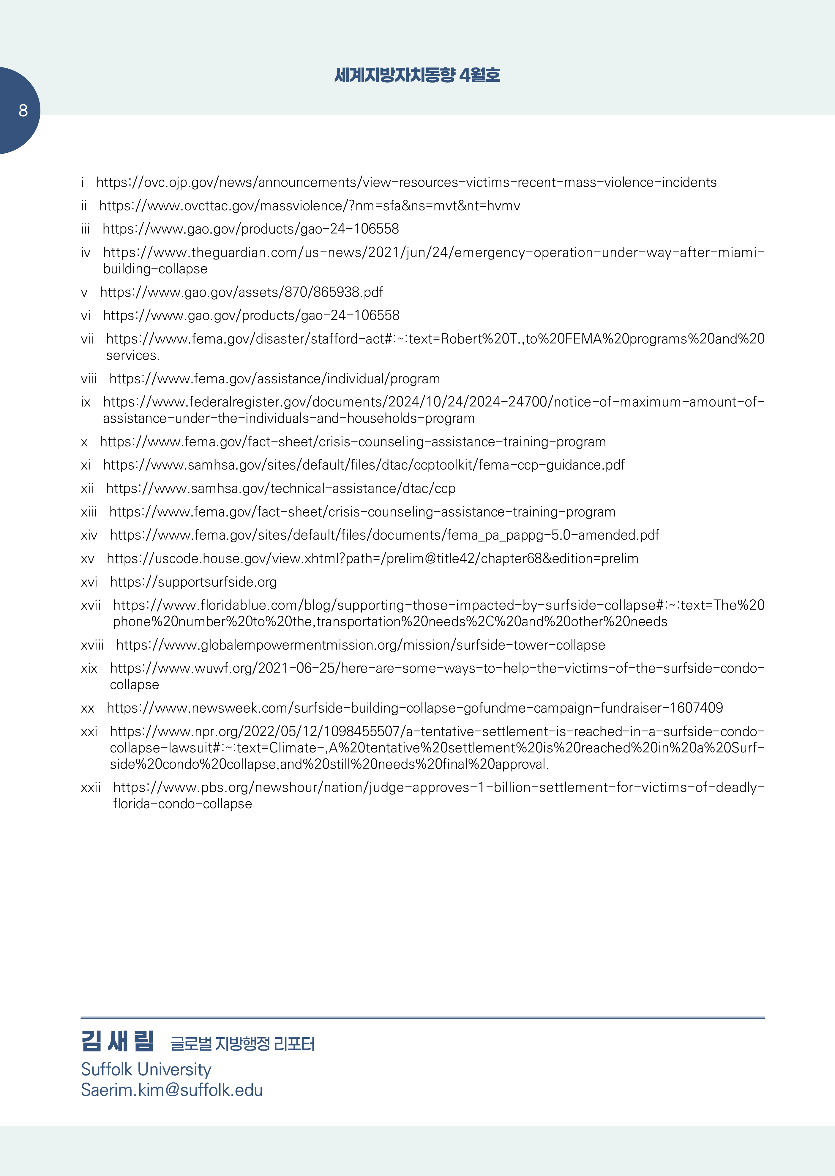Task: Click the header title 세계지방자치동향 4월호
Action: (x=417, y=75)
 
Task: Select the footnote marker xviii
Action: (x=92, y=645)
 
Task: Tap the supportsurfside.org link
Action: (x=193, y=582)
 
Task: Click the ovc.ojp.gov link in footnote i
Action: (x=406, y=182)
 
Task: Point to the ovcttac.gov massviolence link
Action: (x=310, y=206)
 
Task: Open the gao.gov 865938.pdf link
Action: (x=241, y=292)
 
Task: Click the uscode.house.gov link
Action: (x=372, y=559)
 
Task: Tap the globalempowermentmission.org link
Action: (x=360, y=645)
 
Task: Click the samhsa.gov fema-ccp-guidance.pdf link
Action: (x=364, y=465)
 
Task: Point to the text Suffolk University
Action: (x=146, y=1070)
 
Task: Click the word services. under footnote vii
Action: (x=133, y=355)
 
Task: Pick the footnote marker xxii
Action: (x=91, y=788)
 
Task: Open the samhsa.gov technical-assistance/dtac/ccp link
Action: (x=281, y=489)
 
